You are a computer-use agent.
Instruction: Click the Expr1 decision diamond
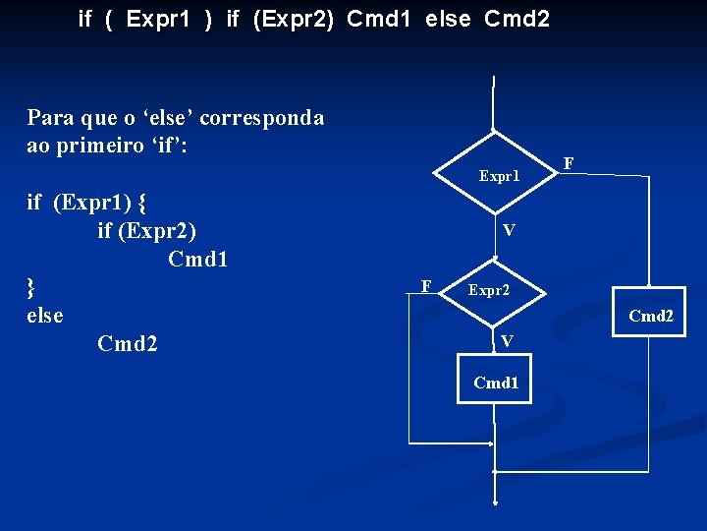tap(498, 175)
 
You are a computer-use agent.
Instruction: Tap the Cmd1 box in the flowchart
tap(495, 383)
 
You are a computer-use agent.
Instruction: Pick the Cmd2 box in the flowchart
tap(650, 317)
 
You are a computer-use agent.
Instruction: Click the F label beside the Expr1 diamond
tap(569, 162)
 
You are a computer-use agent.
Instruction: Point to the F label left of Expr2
tap(425, 285)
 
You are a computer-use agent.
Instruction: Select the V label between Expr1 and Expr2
tap(508, 230)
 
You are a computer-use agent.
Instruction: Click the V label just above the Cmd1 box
tap(506, 341)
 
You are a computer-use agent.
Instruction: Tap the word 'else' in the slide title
tap(448, 18)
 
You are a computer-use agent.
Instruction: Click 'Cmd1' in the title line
tap(380, 18)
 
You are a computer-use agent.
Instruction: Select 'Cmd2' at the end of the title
tap(517, 18)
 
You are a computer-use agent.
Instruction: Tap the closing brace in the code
tap(31, 286)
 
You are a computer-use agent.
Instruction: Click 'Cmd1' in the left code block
tap(198, 260)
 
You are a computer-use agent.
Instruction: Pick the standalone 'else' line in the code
tap(45, 315)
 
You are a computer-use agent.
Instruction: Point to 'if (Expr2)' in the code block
tap(147, 231)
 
